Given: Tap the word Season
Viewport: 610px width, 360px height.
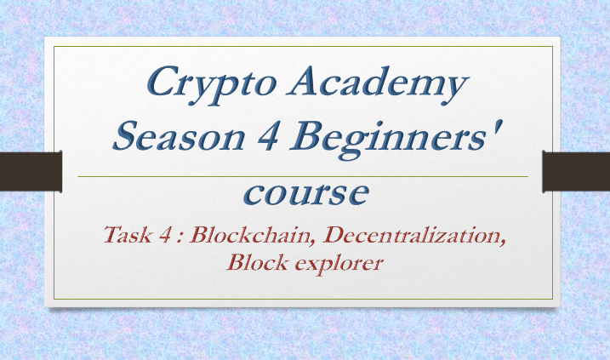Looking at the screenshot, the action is [179, 136].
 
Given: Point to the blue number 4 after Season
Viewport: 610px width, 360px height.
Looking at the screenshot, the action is [268, 136].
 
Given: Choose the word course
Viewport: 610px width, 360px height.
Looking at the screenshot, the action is [305, 193].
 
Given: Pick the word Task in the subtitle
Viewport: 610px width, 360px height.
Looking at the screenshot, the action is [128, 235].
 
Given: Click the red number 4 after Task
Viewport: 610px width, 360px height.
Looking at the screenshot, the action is [164, 235].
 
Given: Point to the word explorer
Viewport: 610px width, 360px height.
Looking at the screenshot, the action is [339, 264].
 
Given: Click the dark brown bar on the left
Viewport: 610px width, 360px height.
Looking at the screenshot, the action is [31, 171].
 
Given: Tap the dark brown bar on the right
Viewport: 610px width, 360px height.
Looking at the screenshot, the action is [576, 171].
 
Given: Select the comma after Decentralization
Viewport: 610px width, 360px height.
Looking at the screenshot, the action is [502, 243].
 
